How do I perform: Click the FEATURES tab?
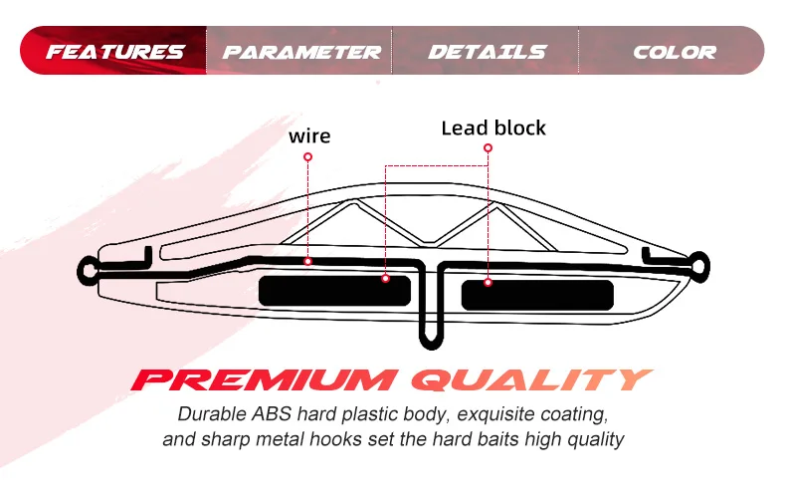[115, 52]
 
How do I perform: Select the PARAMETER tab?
[301, 52]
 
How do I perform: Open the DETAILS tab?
[487, 52]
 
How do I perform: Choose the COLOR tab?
[674, 52]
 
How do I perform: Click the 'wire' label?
[309, 135]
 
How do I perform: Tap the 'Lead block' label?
[493, 128]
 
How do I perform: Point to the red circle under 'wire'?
[308, 156]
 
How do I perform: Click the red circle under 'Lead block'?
[488, 147]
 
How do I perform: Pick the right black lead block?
[537, 295]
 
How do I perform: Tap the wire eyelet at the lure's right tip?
[700, 266]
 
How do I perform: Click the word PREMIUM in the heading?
[263, 379]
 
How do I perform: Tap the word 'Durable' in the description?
[206, 414]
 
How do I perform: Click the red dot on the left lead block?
[385, 280]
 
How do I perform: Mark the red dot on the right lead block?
[489, 283]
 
